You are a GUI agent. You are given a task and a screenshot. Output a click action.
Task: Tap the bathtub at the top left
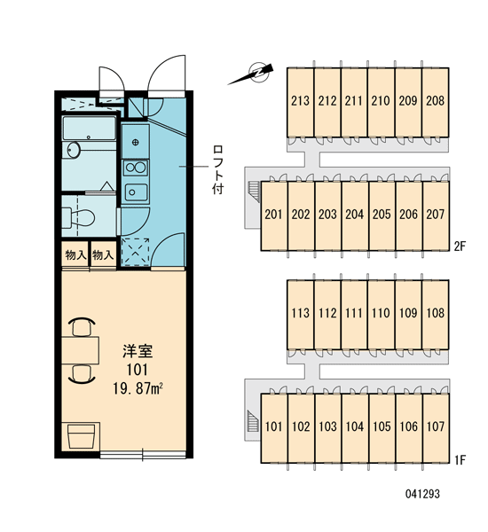(90, 129)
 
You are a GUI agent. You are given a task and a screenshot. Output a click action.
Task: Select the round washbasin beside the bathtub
(74, 150)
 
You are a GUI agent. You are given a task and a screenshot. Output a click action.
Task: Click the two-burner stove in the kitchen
(135, 168)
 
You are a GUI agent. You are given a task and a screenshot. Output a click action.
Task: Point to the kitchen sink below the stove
(136, 192)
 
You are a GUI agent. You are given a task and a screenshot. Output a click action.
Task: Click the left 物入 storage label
(75, 254)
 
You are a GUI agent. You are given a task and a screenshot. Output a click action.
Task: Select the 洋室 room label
(138, 351)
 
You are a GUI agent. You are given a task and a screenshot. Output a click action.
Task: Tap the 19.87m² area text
(138, 388)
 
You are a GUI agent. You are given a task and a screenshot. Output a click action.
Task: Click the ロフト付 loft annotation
(217, 169)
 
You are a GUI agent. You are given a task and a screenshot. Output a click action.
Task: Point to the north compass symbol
(251, 74)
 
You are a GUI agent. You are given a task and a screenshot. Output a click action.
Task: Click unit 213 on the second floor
(300, 101)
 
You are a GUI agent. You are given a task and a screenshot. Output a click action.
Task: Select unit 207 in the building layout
(436, 215)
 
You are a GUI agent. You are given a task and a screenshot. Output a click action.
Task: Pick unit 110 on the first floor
(381, 313)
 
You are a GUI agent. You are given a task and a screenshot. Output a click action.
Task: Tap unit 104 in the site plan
(355, 426)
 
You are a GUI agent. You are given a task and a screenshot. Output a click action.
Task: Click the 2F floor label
(460, 246)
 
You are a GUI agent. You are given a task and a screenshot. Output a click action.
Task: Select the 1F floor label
(460, 460)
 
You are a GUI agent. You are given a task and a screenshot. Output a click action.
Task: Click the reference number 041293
(422, 494)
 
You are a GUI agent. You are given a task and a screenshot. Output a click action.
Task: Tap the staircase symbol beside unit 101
(252, 421)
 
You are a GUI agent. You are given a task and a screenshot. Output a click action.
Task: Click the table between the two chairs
(80, 350)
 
